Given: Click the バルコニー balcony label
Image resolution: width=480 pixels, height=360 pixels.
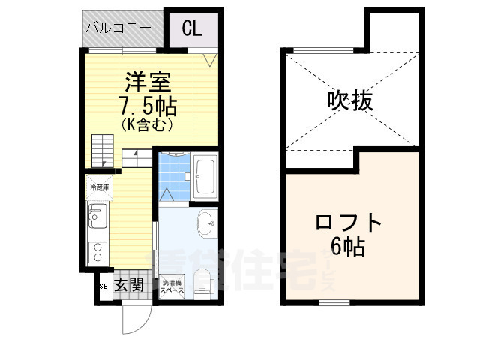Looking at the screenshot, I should [x=119, y=29].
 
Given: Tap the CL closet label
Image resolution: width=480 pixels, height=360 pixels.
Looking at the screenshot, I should [x=191, y=29].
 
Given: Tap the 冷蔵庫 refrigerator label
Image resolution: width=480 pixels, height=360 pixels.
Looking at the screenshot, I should [x=100, y=187].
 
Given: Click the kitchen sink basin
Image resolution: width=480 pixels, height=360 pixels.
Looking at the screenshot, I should [x=98, y=219].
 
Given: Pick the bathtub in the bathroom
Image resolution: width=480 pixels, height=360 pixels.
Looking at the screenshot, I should [x=203, y=178].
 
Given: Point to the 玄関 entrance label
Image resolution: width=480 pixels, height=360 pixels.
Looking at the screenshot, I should [x=129, y=284].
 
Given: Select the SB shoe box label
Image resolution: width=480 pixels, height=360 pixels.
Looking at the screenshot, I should [x=102, y=285].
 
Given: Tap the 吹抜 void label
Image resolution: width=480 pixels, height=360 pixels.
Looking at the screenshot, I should [x=349, y=100].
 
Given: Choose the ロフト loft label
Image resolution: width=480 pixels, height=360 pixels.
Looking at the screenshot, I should [x=349, y=223].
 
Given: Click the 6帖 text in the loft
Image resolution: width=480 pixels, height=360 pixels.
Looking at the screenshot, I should [x=349, y=247].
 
